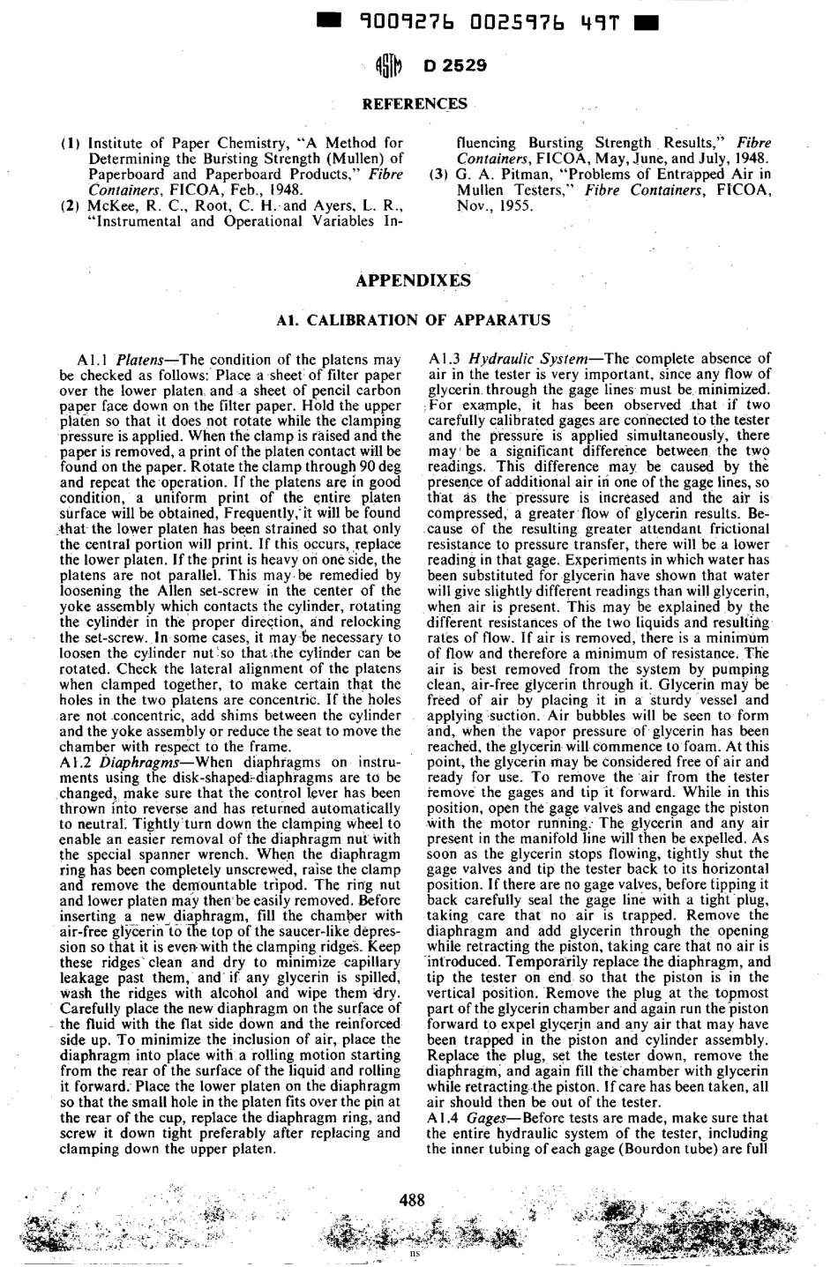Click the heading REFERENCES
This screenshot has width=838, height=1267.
point(414,105)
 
